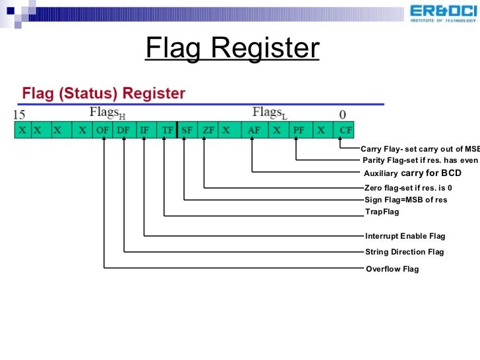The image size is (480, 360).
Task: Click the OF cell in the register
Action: (x=103, y=130)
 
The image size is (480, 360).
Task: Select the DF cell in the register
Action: (x=123, y=130)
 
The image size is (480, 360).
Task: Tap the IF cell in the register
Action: (x=144, y=130)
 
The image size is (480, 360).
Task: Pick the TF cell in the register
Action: (x=166, y=130)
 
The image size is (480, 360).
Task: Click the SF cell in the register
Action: (x=187, y=130)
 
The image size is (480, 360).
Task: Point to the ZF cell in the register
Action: (x=208, y=130)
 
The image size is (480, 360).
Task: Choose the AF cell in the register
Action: (x=254, y=130)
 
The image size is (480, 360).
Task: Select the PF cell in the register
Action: (x=298, y=130)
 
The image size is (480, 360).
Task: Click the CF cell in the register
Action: (x=345, y=130)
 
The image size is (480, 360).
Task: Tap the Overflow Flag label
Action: (x=392, y=269)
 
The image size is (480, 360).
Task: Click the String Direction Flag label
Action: (x=404, y=252)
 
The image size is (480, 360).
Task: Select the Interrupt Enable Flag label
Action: (x=405, y=235)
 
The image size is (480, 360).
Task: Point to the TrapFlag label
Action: (x=382, y=212)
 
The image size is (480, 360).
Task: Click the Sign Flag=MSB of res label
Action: (x=405, y=200)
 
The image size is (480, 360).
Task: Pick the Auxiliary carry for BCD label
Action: (x=412, y=173)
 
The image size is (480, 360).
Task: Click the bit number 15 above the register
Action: (x=20, y=114)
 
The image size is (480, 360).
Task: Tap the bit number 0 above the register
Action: (x=342, y=114)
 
